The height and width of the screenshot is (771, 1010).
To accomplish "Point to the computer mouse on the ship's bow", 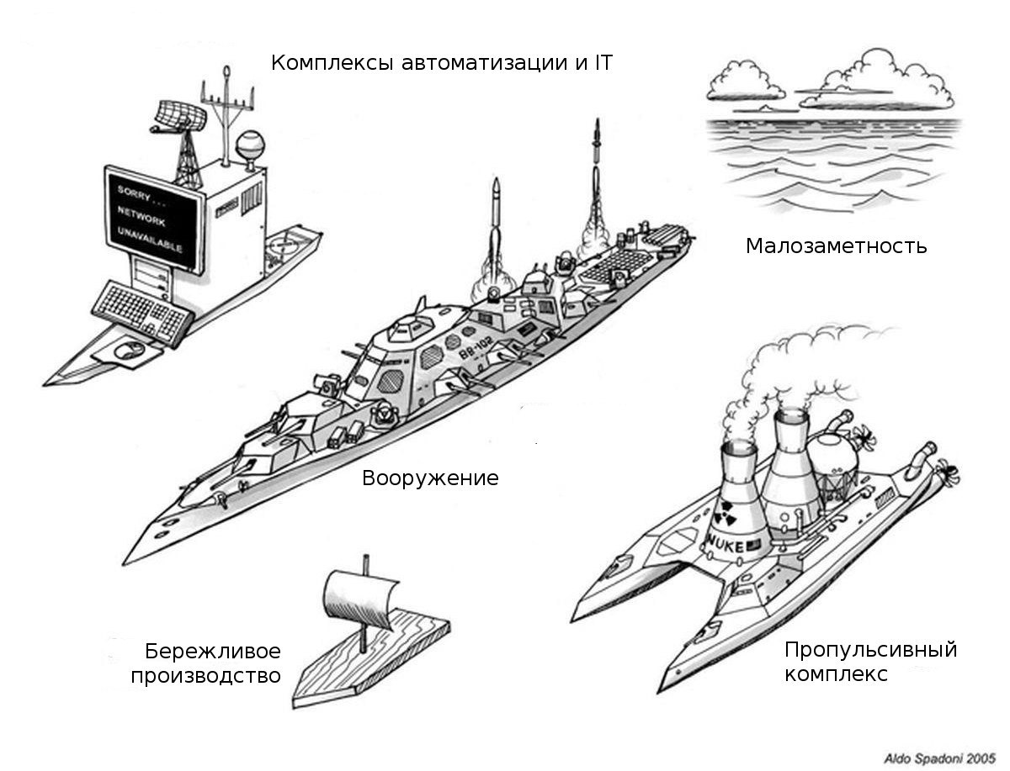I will coord(126,349).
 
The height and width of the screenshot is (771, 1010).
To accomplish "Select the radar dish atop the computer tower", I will coord(178,116).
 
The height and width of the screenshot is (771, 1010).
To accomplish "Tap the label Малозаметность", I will coord(836,246).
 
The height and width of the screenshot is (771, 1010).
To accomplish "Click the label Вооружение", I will coord(430,478).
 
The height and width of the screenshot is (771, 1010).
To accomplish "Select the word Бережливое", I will coord(212,652).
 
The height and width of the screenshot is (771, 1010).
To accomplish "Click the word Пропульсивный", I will coord(870,649).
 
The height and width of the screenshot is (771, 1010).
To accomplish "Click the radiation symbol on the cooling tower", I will coord(726,510).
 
